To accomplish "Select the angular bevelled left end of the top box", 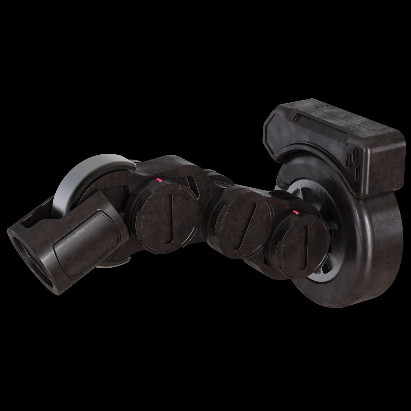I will click(272, 126).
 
